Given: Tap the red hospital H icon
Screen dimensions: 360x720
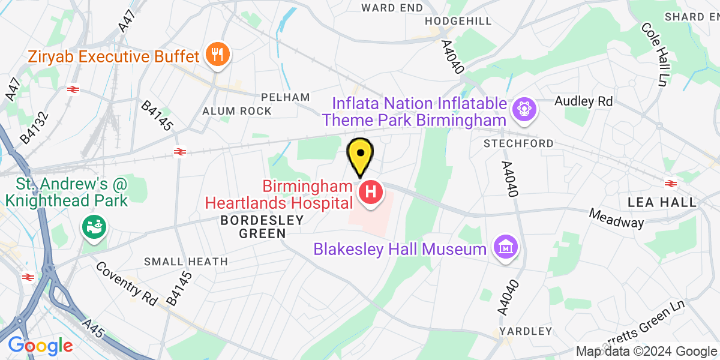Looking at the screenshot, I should pos(371,193).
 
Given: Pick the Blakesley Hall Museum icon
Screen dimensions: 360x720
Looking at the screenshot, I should pos(506,247).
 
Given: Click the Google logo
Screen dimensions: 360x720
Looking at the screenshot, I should pos(40,346).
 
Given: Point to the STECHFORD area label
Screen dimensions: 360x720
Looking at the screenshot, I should pos(519,144).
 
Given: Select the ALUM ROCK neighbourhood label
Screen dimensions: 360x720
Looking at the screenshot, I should pos(237,111).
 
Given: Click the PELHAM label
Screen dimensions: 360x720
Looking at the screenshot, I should pos(286,97).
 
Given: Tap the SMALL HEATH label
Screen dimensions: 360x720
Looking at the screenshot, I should pos(186,262).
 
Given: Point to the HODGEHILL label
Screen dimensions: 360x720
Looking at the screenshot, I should pos(458,21).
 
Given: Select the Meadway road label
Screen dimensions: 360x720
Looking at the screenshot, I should pos(616,218).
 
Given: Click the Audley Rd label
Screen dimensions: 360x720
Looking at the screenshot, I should pos(584,101).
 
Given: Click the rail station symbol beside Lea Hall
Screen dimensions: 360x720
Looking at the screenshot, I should pos(671,183).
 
